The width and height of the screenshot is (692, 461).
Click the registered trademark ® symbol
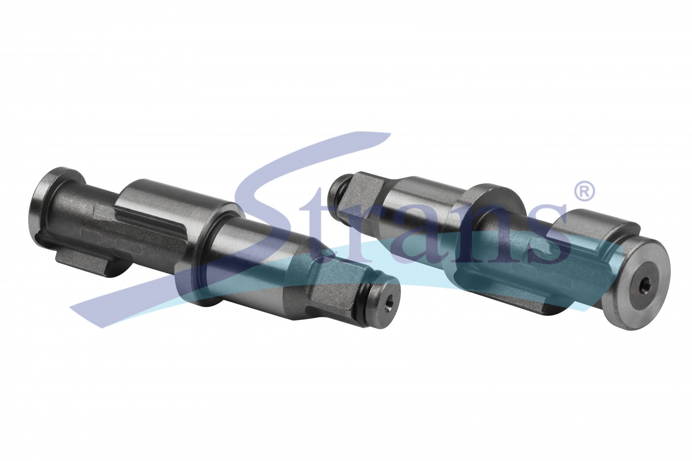tap(584, 191)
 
